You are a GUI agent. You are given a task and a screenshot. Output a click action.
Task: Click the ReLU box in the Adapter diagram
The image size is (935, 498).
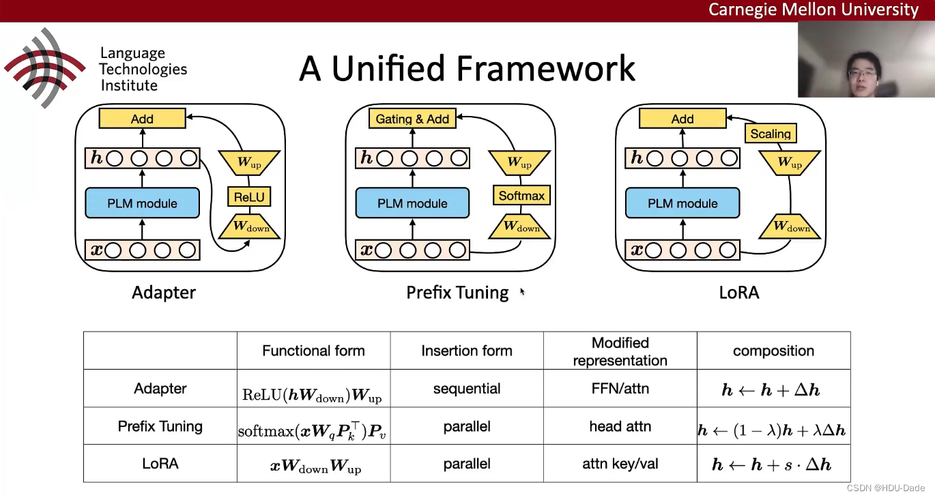pyautogui.click(x=248, y=197)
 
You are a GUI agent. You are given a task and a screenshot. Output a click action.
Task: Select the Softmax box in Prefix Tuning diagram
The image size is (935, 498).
pyautogui.click(x=521, y=196)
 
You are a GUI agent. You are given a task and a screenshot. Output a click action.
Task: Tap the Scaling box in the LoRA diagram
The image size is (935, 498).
pyautogui.click(x=771, y=134)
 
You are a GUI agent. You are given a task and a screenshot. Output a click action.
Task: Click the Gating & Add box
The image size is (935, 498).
pyautogui.click(x=412, y=119)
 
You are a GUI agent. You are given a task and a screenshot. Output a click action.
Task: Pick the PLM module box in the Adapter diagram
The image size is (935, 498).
pyautogui.click(x=142, y=203)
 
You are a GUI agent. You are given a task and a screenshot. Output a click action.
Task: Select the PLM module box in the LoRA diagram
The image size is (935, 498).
pyautogui.click(x=682, y=203)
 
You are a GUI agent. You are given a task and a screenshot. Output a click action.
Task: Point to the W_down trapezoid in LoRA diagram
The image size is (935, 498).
pyautogui.click(x=789, y=226)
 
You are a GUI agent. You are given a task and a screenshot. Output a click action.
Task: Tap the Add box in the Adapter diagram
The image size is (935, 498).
pyautogui.click(x=142, y=119)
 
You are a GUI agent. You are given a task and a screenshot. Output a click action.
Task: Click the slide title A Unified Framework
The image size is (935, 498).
pyautogui.click(x=467, y=68)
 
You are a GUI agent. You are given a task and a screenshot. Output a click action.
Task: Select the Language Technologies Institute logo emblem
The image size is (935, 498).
pyautogui.click(x=44, y=68)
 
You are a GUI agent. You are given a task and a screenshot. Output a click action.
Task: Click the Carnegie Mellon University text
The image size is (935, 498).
pyautogui.click(x=813, y=10)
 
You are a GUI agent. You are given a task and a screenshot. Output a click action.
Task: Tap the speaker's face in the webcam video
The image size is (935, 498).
pyautogui.click(x=861, y=68)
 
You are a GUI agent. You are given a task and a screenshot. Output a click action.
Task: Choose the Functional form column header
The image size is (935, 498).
pyautogui.click(x=313, y=351)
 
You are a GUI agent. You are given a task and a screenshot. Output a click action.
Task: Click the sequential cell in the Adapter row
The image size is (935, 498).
pyautogui.click(x=467, y=389)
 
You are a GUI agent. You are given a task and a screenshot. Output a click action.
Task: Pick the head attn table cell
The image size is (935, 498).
pyautogui.click(x=620, y=426)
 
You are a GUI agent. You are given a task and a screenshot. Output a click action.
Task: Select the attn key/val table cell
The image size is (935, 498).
pyautogui.click(x=620, y=464)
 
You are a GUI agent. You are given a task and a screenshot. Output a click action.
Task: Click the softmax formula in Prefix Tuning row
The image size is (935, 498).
pyautogui.click(x=313, y=430)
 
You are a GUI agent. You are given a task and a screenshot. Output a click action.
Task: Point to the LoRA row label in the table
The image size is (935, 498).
pyautogui.click(x=160, y=464)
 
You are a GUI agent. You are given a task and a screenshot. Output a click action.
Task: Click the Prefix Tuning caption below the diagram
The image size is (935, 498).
pyautogui.click(x=457, y=293)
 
